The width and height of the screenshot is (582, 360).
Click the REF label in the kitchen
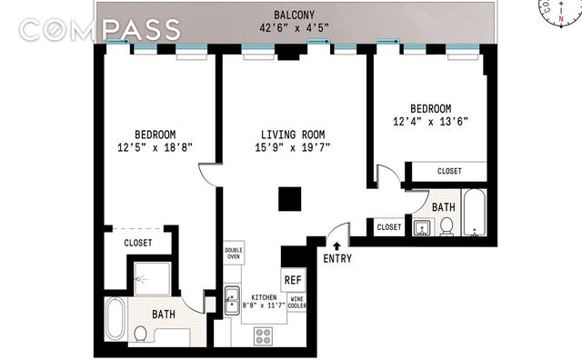pos(293,280)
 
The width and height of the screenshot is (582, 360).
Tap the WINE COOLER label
pos(297,303)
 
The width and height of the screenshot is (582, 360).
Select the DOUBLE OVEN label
pos(234,253)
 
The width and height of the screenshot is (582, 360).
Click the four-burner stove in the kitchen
pos(263,336)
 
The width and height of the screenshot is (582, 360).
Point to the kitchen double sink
pos(232,301)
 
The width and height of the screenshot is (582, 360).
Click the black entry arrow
pos(336,245)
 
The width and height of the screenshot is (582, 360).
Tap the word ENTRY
pos(337,258)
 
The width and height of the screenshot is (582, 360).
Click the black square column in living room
pos(290,199)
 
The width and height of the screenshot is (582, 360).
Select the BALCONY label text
pos(294,15)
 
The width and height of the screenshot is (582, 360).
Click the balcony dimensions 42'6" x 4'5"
pos(294,28)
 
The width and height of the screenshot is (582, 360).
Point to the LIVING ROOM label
pos(293,135)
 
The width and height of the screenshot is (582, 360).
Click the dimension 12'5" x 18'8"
pos(156,147)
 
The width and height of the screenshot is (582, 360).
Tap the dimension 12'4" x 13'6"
pos(430,121)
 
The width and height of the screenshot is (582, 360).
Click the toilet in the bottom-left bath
pos(141,334)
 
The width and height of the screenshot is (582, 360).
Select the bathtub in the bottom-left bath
pos(115,319)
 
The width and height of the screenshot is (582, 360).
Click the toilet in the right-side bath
pos(447,226)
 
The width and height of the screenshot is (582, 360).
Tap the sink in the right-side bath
pos(423,227)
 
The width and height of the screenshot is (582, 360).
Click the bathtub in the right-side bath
pos(475,213)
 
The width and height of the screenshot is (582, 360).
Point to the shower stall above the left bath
pos(152,279)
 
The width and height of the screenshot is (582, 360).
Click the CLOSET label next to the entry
pos(389,226)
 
